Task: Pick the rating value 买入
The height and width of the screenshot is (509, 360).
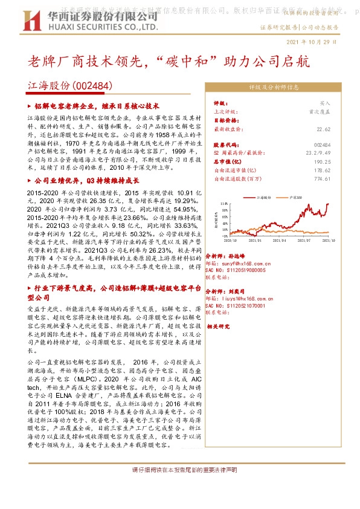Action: pos(325,104)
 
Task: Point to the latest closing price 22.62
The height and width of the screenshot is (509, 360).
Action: pos(323,129)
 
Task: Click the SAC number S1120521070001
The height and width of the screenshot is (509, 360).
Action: pos(242,306)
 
